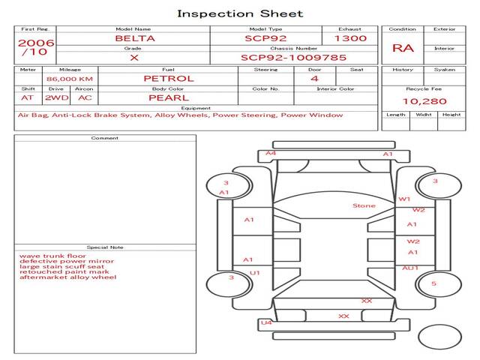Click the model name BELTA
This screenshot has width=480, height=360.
pos(135,38)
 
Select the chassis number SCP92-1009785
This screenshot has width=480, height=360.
pos(293,58)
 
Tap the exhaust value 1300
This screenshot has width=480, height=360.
pos(350,38)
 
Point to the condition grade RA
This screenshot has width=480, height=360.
pos(403,48)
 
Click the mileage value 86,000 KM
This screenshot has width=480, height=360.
pos(70,79)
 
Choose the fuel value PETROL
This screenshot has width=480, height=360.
pos(169,79)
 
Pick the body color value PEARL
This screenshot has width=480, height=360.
pos(169,98)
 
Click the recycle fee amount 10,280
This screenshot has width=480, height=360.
pos(424,101)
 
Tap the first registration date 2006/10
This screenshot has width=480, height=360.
pos(36,47)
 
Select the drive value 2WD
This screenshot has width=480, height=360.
pos(57,98)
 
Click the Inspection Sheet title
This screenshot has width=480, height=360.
pos(240,13)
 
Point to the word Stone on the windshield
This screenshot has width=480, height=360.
pos(364,205)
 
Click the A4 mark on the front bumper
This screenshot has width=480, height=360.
pos(271,153)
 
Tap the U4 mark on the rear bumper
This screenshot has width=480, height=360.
pos(266,322)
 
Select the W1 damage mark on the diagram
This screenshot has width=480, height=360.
pos(404,199)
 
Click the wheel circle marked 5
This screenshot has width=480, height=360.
pos(439,284)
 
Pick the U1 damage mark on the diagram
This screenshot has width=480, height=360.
pos(255,273)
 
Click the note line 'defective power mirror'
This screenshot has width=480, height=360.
pos(67,262)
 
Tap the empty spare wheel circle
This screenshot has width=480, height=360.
pos(439,337)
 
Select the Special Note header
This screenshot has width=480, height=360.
pos(105,247)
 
